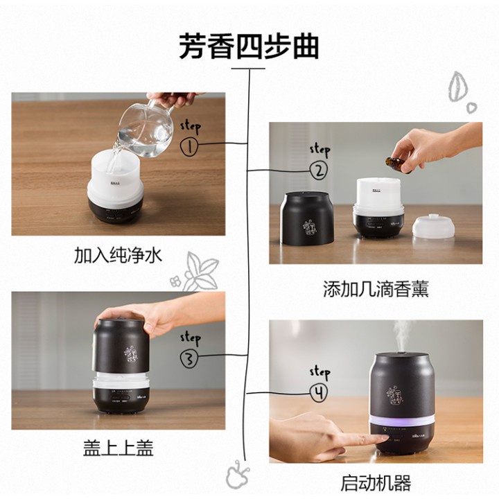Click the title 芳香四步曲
click(249, 47)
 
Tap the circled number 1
click(189, 147)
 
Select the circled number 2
click(319, 171)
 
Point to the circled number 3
click(189, 359)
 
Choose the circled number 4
click(319, 393)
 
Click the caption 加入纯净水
click(118, 255)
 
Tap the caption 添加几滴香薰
click(376, 289)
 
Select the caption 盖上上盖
click(119, 448)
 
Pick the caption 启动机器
click(376, 483)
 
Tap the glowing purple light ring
click(402, 421)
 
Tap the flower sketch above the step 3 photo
click(195, 272)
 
